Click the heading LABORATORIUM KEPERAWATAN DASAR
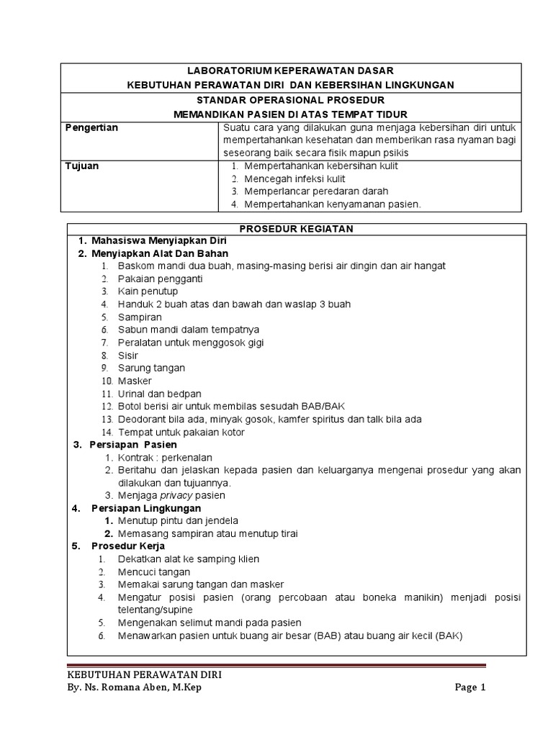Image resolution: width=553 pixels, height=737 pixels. pos(290,71)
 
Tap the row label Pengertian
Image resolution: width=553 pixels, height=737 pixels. pos(91,127)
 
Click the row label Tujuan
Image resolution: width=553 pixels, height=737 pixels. pos(82,166)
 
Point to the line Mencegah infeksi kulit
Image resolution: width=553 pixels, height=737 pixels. pos(295,178)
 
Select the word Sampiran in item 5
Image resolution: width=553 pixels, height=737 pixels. pos(140,317)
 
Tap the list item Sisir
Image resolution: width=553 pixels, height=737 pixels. pos(128,356)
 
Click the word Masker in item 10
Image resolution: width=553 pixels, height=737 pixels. pos(135,381)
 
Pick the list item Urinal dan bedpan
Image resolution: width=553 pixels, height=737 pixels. pos(159,394)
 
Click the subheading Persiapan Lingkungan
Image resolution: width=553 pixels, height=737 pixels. pos(146,508)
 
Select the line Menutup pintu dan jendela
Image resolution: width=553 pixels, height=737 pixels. pos(178,520)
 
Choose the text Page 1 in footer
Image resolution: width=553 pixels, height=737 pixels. pos(470,687)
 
